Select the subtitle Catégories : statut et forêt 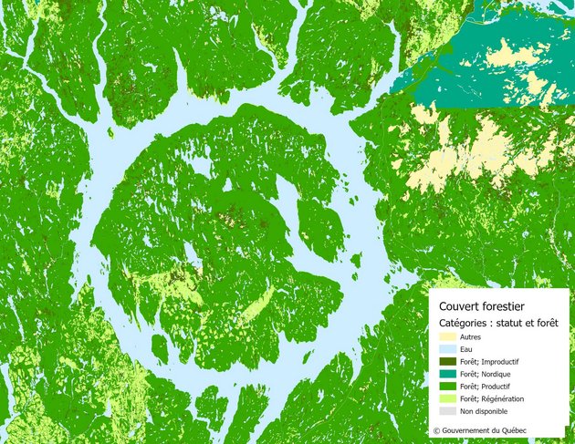[498, 323]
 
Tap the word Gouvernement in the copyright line [470, 429]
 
